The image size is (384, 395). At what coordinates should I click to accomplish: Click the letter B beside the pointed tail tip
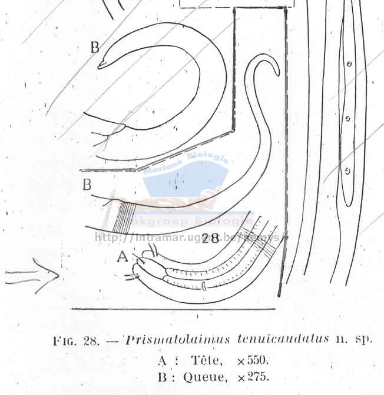(x=95, y=48)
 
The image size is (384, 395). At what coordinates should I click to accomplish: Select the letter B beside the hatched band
(x=87, y=185)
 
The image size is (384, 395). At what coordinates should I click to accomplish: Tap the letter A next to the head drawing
(x=122, y=256)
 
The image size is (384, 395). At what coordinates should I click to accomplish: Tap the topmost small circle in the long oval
(x=349, y=64)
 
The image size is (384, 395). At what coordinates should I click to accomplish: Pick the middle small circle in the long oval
(x=347, y=119)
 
